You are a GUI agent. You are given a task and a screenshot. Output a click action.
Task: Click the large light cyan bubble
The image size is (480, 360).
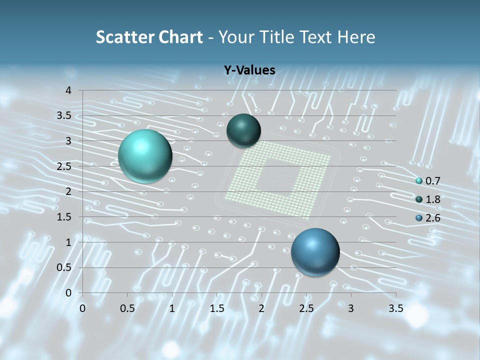(145, 156)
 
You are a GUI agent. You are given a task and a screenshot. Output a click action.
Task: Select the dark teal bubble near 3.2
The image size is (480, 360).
(243, 130)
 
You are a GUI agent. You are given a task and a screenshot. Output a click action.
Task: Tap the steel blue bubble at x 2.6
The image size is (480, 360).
(315, 252)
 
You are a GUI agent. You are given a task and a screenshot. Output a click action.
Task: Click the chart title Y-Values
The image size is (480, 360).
(249, 70)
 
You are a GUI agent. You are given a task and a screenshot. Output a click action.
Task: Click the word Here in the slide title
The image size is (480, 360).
(356, 37)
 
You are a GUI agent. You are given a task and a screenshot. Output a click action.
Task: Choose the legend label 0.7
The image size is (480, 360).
(433, 181)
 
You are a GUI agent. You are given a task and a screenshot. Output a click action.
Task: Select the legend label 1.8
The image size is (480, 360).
(433, 199)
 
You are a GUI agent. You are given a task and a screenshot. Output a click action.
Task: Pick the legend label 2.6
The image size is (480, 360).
(433, 218)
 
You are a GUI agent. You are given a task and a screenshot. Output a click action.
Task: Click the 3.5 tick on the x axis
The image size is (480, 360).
(395, 308)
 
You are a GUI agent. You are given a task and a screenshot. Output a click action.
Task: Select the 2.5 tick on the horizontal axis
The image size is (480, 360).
(306, 308)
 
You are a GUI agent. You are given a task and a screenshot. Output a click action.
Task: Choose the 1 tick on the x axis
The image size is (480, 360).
(172, 308)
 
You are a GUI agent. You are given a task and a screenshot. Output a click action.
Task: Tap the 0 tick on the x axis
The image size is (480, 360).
(83, 308)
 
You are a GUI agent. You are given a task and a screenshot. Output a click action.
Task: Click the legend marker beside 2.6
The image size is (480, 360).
(419, 218)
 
